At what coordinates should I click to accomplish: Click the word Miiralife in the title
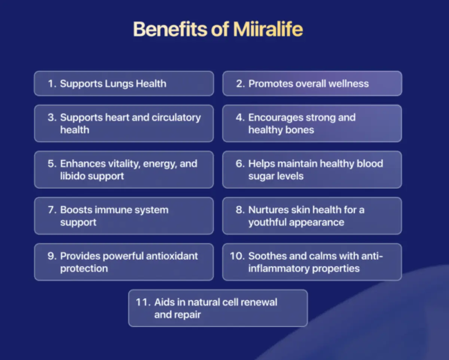(268, 29)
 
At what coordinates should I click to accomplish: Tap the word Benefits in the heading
(170, 29)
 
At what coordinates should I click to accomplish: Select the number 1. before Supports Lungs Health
(52, 84)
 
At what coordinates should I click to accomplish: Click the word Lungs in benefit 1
(119, 84)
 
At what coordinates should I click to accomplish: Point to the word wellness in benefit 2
(349, 84)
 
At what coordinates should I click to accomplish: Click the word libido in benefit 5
(73, 176)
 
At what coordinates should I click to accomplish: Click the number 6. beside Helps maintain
(240, 164)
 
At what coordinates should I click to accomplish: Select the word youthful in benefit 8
(267, 222)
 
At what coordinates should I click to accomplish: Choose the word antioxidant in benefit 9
(172, 256)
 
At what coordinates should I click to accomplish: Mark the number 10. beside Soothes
(237, 256)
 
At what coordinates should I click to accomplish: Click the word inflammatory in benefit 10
(279, 269)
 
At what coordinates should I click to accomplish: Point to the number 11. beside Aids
(143, 302)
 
